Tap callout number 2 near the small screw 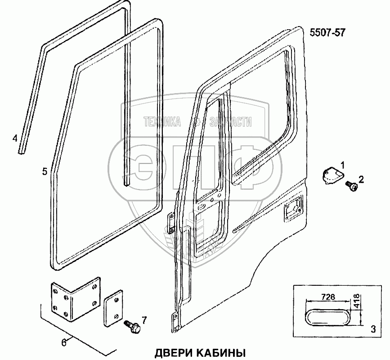(x=361, y=179)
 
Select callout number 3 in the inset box (x=372, y=328)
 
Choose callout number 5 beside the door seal (x=44, y=171)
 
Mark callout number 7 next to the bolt (x=144, y=320)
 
